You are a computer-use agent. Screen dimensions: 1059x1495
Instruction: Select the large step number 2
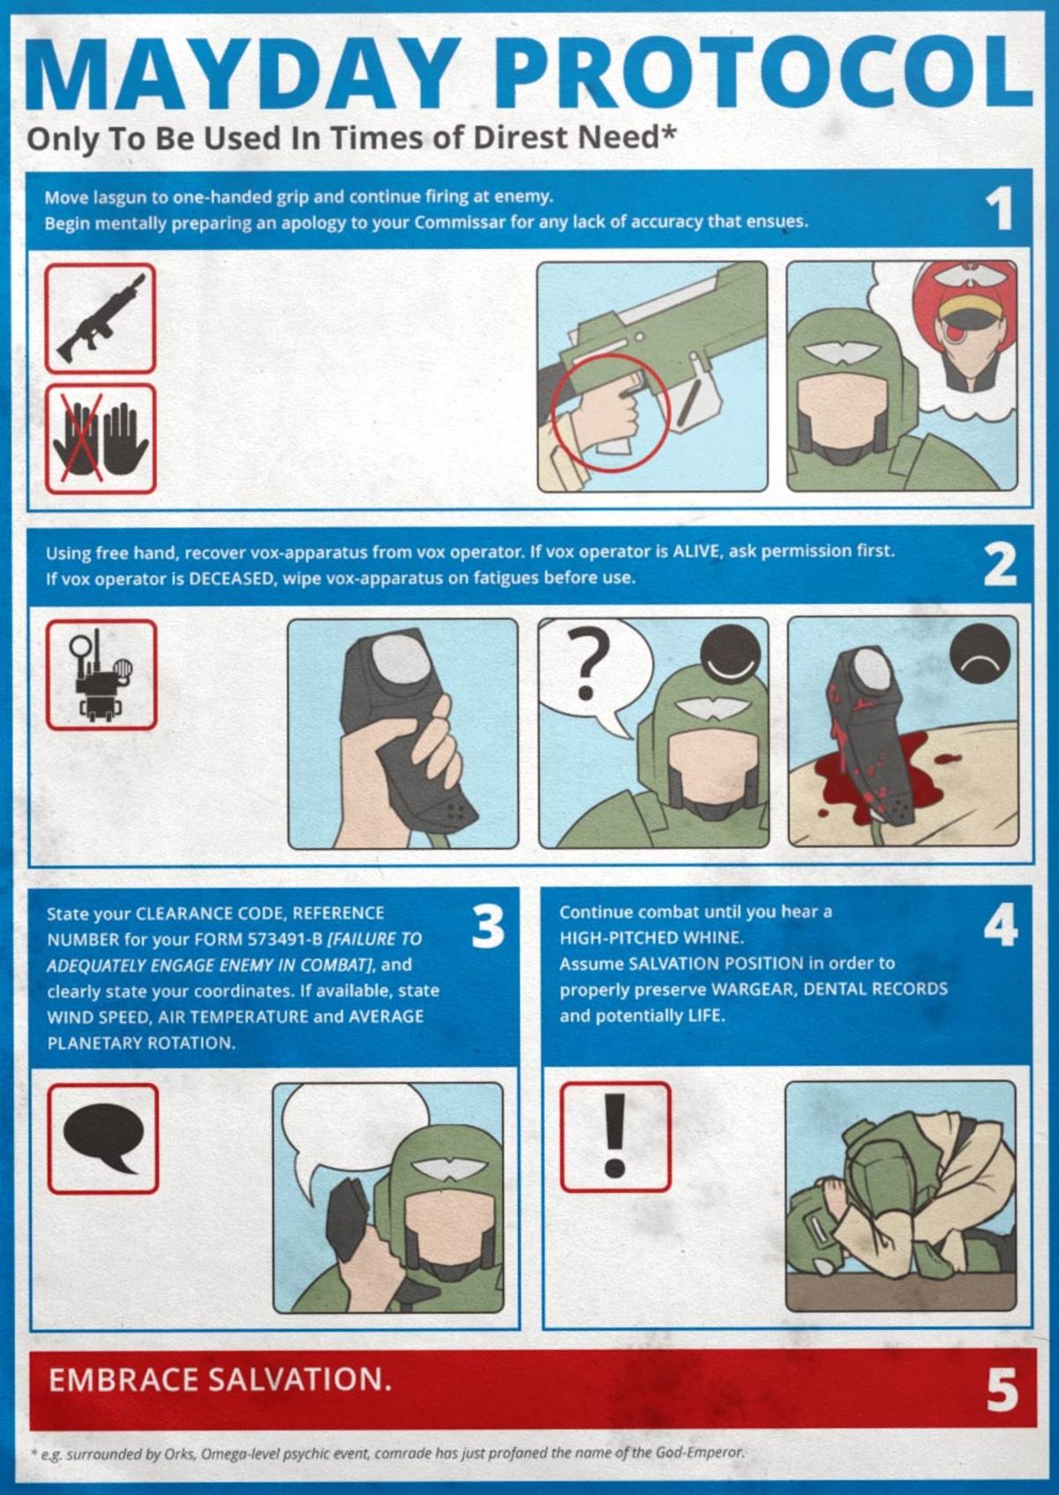(1000, 564)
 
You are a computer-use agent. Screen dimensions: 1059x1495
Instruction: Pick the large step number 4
(1001, 925)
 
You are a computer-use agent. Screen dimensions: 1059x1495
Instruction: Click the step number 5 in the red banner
(1003, 1390)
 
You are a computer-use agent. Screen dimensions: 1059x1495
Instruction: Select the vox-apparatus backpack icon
(101, 676)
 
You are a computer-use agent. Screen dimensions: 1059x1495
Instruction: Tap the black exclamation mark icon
(614, 1136)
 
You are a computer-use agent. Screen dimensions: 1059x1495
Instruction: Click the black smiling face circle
(731, 654)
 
